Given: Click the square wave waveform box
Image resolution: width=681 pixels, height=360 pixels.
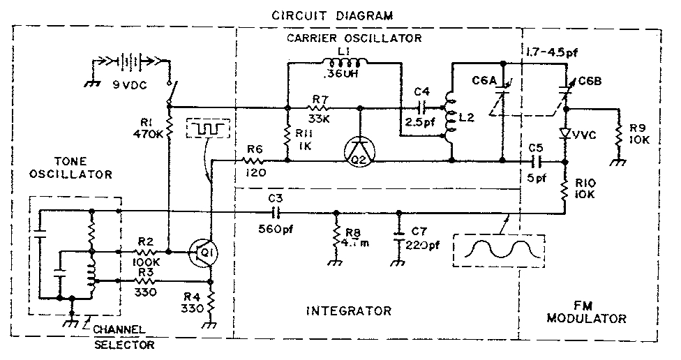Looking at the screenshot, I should pos(206,129).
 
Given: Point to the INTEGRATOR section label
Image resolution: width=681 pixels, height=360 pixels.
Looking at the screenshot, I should pos(350,310).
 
